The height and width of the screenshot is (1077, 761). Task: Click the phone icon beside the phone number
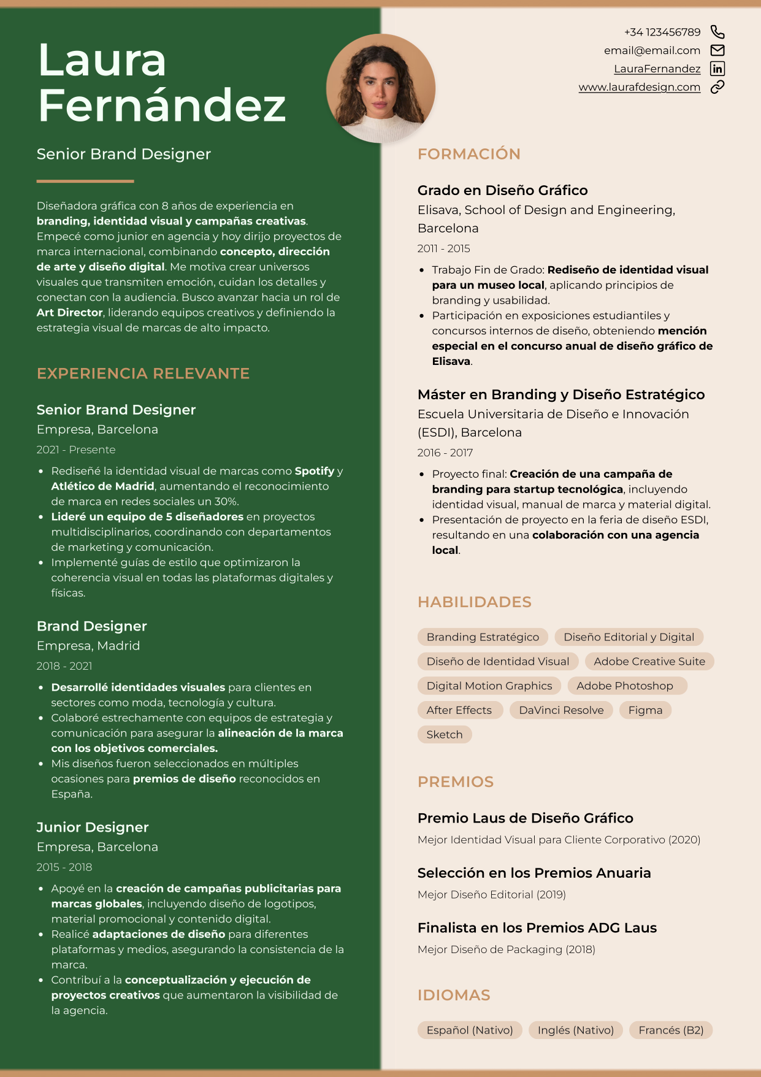(717, 32)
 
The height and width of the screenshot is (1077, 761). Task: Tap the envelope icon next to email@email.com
(717, 50)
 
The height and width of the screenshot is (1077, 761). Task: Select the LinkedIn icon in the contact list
(717, 69)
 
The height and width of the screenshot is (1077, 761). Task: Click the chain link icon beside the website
(717, 87)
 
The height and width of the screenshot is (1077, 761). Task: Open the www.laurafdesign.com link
(639, 87)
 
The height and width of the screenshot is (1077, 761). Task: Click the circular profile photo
(381, 88)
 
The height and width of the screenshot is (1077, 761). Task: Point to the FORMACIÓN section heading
(468, 154)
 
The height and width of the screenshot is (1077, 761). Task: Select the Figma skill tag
(645, 710)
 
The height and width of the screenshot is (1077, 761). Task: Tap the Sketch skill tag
(445, 735)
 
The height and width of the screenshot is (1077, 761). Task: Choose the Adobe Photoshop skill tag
(625, 686)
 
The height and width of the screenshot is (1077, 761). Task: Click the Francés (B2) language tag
(671, 1030)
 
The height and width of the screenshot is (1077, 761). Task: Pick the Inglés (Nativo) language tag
(576, 1030)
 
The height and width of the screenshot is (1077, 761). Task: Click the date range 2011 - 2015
(443, 248)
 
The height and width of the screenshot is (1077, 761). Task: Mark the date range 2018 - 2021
(64, 666)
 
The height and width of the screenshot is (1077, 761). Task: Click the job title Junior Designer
(93, 827)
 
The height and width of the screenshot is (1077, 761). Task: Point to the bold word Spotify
(315, 471)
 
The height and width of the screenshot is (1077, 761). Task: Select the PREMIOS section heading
(456, 782)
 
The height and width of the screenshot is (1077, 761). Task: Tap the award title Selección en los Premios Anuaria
(534, 873)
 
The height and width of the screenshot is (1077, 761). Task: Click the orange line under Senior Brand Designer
(85, 182)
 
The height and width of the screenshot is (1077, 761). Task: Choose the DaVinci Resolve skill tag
(561, 710)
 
